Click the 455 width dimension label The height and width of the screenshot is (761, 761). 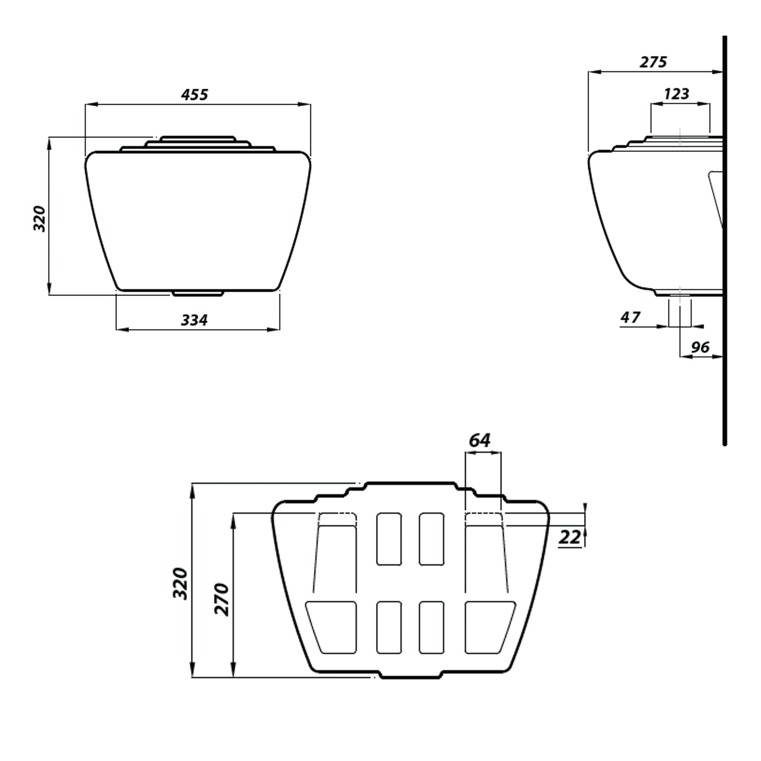click(x=194, y=95)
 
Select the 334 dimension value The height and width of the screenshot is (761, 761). click(x=194, y=320)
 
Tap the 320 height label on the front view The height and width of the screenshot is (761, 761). click(x=40, y=219)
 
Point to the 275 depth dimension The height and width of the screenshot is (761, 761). click(x=653, y=62)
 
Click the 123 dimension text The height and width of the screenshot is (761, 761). click(x=676, y=94)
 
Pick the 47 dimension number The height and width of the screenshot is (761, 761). click(x=630, y=317)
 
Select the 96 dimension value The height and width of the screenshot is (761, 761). click(x=701, y=347)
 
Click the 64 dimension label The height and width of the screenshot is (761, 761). click(x=479, y=440)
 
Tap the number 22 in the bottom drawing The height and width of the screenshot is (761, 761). click(x=570, y=537)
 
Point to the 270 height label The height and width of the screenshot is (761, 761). click(x=222, y=600)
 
